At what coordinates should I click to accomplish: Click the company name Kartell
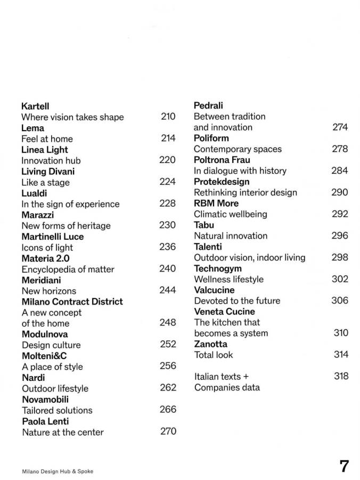[x=35, y=106]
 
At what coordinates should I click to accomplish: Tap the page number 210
[x=168, y=117]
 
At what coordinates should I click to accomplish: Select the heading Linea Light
[x=45, y=150]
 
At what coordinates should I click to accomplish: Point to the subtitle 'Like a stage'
[x=45, y=182]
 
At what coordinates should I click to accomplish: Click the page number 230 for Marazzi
[x=167, y=225]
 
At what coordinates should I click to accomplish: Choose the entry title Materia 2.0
[x=45, y=258]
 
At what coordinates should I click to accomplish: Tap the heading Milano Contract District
[x=72, y=302]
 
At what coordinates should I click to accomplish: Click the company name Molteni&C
[x=44, y=356]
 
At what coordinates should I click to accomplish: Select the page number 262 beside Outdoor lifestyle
[x=168, y=388]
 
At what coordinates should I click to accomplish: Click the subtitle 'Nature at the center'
[x=63, y=432]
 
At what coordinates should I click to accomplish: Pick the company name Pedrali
[x=208, y=105]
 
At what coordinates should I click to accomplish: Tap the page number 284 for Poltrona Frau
[x=339, y=171]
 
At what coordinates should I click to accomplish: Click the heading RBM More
[x=216, y=203]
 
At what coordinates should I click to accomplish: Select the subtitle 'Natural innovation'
[x=231, y=236]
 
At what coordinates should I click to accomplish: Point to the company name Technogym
[x=218, y=269]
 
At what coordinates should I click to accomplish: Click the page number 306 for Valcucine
[x=339, y=300]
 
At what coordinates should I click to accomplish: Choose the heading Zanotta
[x=210, y=344]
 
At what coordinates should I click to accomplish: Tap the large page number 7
[x=344, y=466]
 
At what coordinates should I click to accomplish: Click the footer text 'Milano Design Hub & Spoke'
[x=57, y=471]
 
